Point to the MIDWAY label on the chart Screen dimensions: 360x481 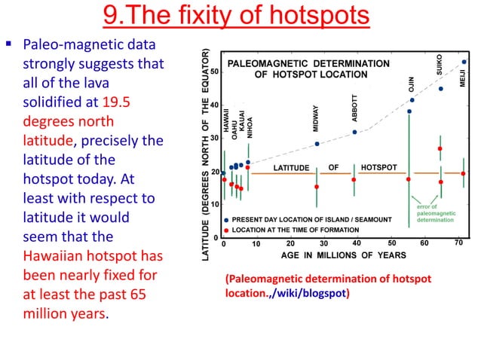317,117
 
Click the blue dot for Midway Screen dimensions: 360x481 317,143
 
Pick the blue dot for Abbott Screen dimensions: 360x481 354,132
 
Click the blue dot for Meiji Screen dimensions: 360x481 464,62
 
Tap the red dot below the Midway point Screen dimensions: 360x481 317,187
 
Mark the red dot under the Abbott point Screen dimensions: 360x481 354,179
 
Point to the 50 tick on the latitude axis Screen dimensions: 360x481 215,72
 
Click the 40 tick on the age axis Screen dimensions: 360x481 357,243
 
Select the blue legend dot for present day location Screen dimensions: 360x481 226,220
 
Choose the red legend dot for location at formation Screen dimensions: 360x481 226,229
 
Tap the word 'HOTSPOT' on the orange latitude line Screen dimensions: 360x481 378,166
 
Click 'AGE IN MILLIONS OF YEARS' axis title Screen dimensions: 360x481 333,255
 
